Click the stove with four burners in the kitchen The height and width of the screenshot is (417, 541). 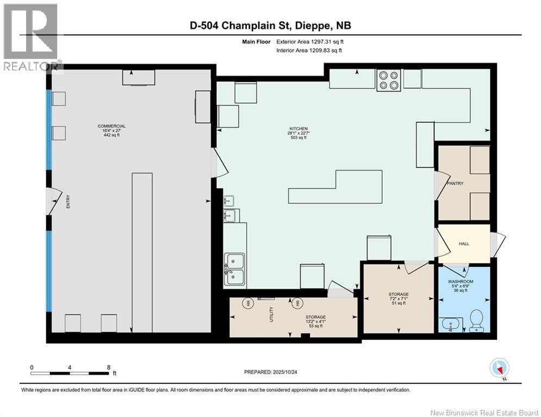(389, 80)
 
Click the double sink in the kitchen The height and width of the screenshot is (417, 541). (235, 269)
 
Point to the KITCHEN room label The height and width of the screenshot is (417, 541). (299, 129)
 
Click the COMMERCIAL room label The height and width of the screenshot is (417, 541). (111, 126)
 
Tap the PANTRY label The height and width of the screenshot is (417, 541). (455, 184)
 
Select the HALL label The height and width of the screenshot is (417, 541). (464, 244)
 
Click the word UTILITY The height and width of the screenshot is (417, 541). (271, 314)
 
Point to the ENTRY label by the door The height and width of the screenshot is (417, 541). (68, 201)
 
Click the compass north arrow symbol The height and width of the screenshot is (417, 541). (499, 368)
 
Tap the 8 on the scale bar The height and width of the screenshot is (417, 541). (109, 368)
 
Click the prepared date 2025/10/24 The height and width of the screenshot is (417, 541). (285, 372)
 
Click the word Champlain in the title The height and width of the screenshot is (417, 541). (248, 26)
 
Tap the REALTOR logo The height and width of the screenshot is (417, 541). (30, 36)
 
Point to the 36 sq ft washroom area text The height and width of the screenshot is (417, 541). (461, 290)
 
